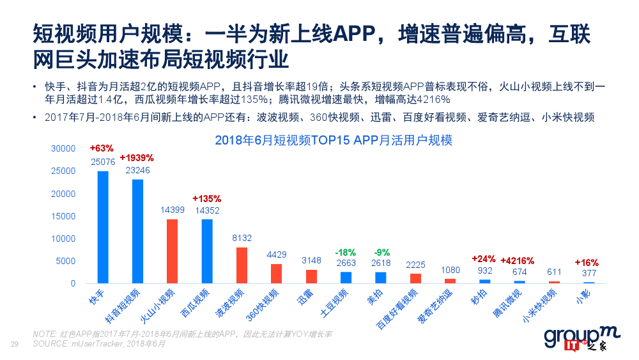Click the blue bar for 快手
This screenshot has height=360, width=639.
coord(103,227)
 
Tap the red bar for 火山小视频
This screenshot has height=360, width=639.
coord(172,251)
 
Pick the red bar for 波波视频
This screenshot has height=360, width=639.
coord(242,265)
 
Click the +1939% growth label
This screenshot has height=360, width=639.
coord(137,157)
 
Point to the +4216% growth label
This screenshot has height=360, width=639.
coord(518,261)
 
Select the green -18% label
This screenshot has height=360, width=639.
coord(345,253)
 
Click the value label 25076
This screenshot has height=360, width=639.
coord(103,162)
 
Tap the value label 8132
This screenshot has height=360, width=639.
coord(241,238)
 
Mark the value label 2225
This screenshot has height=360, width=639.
coord(415,265)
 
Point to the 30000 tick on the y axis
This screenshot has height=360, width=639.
coord(64,148)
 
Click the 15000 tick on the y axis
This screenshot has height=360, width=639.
coord(64,216)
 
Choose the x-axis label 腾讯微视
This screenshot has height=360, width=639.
coord(508,304)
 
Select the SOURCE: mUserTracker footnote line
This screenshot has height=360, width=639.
coord(99,344)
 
